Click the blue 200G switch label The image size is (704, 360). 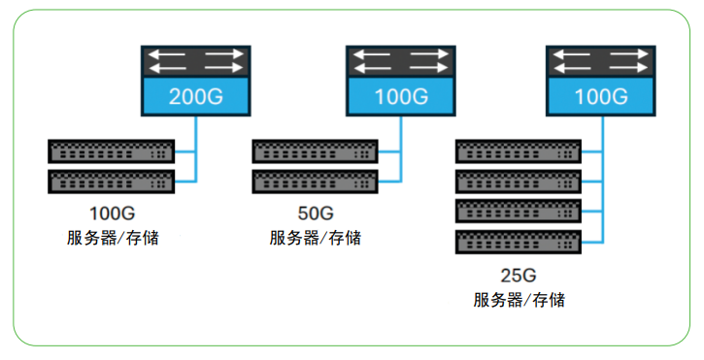[x=195, y=97]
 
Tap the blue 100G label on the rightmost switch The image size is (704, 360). [x=600, y=97]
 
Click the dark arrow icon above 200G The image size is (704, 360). [x=195, y=61]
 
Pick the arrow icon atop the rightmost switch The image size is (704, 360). [x=600, y=61]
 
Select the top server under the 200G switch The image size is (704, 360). [x=112, y=151]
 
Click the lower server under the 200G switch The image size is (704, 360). [x=112, y=180]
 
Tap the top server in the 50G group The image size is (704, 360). [x=315, y=151]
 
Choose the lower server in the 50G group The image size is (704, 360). [x=315, y=180]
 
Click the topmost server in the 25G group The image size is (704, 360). [x=518, y=151]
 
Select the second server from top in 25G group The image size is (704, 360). [x=518, y=180]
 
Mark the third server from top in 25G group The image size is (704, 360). [x=518, y=211]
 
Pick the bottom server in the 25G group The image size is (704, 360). [x=518, y=241]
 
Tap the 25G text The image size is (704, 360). [x=518, y=275]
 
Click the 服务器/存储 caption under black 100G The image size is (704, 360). [x=112, y=238]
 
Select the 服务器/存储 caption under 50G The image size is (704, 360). [x=315, y=238]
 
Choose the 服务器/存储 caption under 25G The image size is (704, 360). [x=518, y=300]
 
